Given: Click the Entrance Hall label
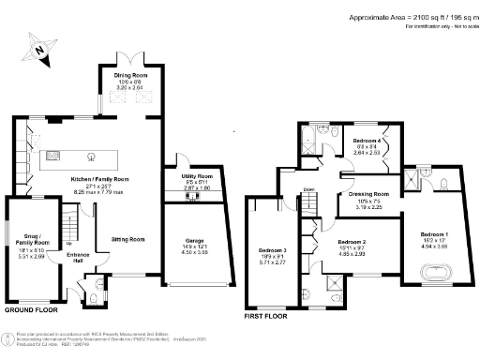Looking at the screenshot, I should click(77, 257).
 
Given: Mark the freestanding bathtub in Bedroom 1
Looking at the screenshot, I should click(434, 276).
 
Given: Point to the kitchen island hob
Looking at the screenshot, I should click(92, 156).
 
